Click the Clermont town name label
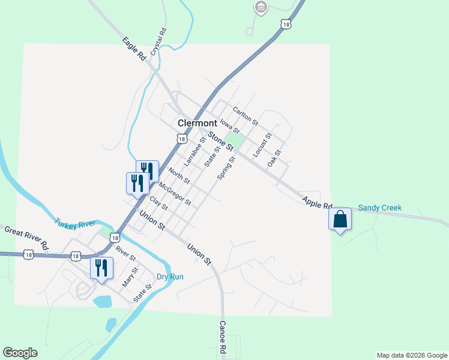[197, 123]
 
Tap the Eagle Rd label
[134, 49]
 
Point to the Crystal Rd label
[158, 41]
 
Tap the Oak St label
[275, 158]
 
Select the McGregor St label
[175, 193]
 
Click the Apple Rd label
[317, 203]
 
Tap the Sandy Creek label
[379, 208]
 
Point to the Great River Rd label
[26, 238]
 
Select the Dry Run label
[170, 277]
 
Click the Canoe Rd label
[221, 337]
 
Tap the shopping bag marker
[340, 219]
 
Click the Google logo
[20, 353]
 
